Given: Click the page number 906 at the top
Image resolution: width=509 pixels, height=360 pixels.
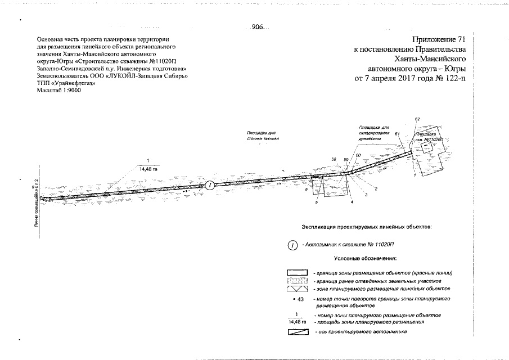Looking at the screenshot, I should (258, 27).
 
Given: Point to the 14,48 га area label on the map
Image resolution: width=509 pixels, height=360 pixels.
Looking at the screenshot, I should (148, 169).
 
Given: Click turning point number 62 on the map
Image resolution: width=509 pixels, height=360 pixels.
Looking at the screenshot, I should (417, 119).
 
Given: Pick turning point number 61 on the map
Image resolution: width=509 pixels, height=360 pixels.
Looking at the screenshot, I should (397, 133).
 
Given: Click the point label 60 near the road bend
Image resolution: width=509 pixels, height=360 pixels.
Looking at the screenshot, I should (358, 155).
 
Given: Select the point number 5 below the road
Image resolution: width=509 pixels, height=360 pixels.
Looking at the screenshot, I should (317, 202).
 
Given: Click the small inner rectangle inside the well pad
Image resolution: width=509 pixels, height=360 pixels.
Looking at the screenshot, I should (425, 145).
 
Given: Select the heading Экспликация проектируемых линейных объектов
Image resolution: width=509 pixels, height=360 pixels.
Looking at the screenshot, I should (367, 227).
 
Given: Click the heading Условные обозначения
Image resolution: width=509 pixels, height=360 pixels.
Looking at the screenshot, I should (366, 259).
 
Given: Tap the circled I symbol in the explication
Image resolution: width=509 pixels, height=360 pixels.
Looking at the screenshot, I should (292, 245).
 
